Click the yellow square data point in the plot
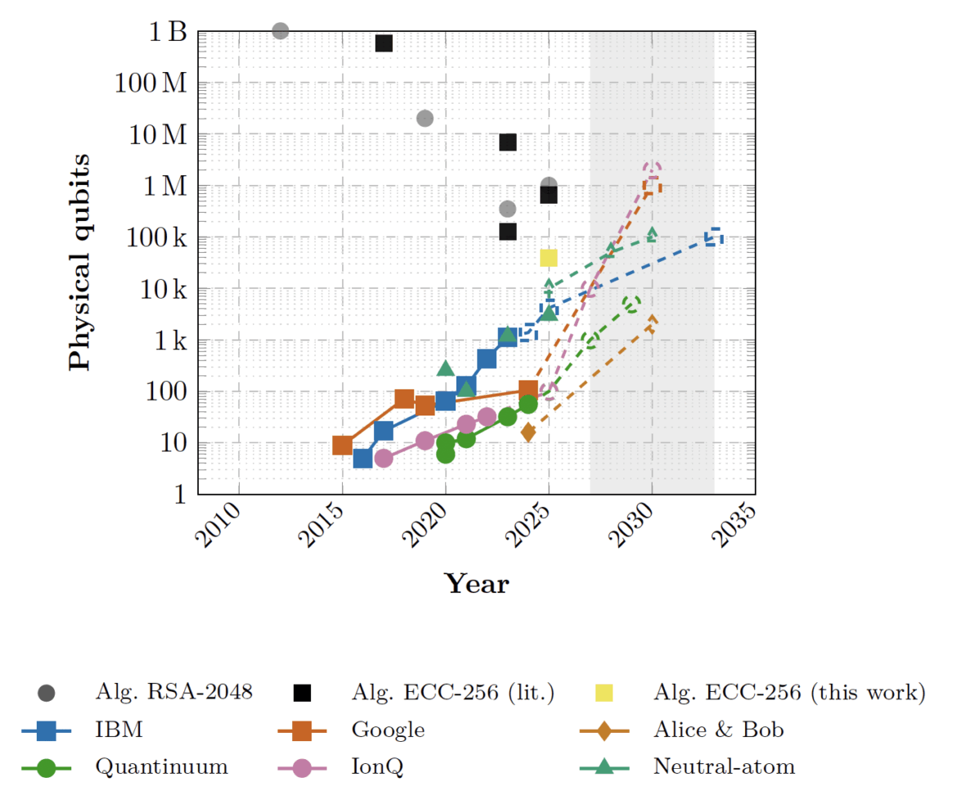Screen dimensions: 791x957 point(548,258)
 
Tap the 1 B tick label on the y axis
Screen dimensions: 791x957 point(167,33)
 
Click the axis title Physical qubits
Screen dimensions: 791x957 point(80,262)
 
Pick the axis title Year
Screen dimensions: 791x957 point(476,584)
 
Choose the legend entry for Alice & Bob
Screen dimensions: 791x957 point(718,729)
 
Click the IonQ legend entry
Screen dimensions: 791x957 point(381,766)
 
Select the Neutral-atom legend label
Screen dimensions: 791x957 point(724,766)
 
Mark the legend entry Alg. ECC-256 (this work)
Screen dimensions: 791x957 point(789,692)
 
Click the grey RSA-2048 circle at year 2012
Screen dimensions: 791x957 point(280,31)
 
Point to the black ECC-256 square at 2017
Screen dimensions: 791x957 point(383,43)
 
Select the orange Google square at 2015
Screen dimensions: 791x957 point(342,445)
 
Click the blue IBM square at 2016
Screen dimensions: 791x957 point(362,458)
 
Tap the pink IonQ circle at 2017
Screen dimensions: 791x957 point(383,458)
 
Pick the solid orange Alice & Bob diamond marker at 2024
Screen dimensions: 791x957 point(528,432)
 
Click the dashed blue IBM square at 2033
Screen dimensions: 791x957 point(713,237)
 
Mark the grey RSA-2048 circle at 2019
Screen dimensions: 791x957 point(425,119)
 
